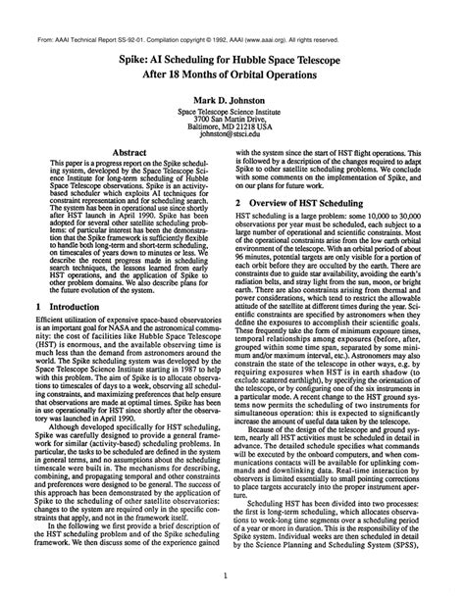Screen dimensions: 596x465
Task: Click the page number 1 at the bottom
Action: pyautogui.click(x=228, y=576)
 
